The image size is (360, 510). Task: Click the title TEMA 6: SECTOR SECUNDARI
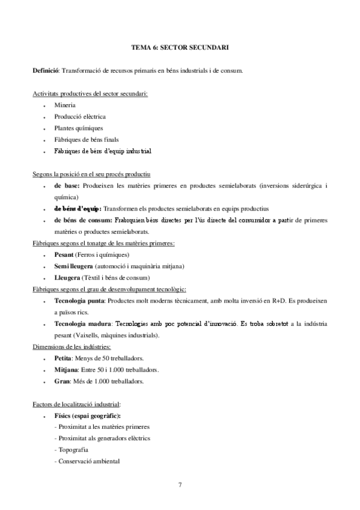tap(180, 46)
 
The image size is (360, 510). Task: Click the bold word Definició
tap(46, 70)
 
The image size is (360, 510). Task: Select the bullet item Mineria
tap(64, 105)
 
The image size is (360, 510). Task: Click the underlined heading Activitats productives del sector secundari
tap(90, 93)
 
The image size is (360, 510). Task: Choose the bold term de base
tap(66, 186)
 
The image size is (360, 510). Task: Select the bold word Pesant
tap(64, 255)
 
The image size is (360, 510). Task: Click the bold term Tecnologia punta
tap(79, 300)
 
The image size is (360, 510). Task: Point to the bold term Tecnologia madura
tap(81, 324)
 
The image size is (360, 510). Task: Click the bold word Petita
tap(63, 358)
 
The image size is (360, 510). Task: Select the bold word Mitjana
tap(66, 369)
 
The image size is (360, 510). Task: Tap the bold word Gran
tap(61, 381)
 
